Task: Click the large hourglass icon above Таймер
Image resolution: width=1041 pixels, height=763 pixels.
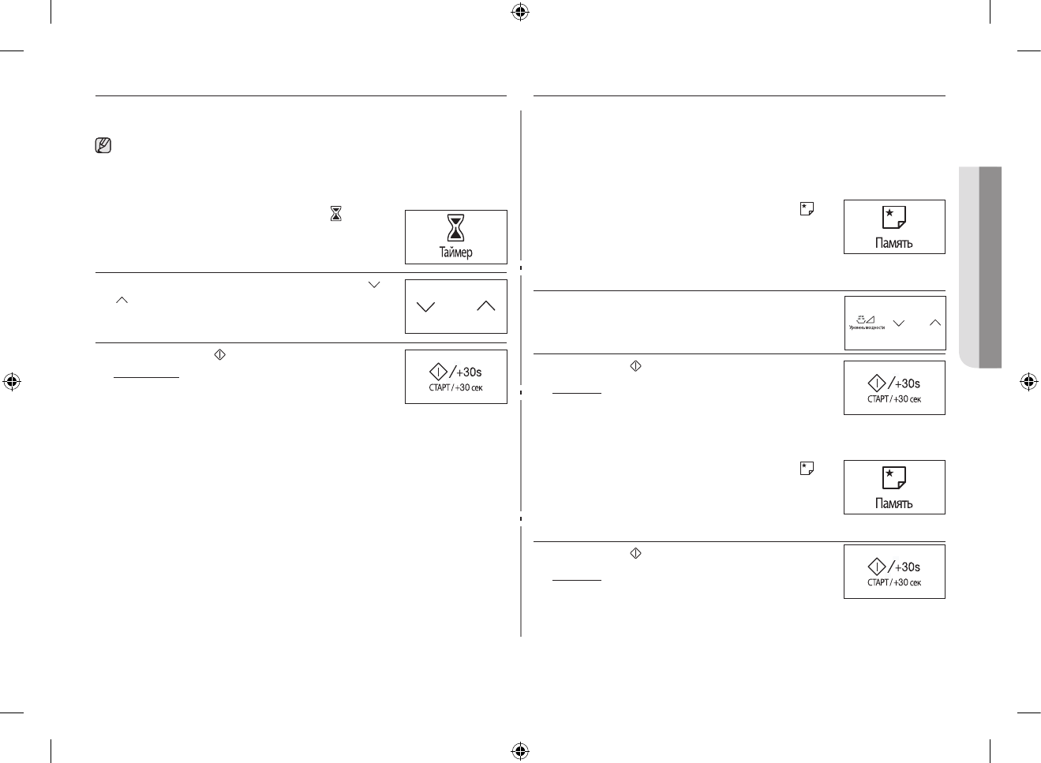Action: point(455,227)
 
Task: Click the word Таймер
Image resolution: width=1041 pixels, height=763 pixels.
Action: point(455,252)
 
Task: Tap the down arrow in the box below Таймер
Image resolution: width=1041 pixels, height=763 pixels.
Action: point(425,307)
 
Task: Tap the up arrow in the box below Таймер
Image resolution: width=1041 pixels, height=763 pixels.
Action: point(486,306)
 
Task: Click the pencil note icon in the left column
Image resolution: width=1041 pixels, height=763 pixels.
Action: point(103,146)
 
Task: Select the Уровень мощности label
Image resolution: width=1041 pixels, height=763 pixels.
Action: point(867,327)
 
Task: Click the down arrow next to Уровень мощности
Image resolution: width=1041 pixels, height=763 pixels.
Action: point(899,323)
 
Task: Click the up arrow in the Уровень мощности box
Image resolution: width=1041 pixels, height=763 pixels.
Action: point(935,323)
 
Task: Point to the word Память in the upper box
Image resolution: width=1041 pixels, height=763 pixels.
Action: point(894,244)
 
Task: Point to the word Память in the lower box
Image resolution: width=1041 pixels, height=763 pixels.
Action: point(894,504)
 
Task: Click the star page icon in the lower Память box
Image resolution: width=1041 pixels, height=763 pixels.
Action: point(894,477)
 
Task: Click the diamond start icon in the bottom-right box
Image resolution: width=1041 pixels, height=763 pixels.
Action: point(876,567)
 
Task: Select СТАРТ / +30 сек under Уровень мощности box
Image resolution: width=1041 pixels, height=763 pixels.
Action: point(894,399)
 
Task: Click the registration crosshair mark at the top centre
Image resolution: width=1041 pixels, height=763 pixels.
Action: point(519,12)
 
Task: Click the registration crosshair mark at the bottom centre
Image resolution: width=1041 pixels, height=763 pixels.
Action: point(519,750)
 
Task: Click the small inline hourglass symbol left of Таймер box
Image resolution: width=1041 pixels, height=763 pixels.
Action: point(335,213)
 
